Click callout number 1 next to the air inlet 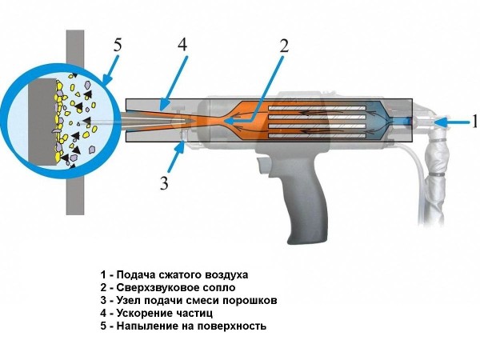point(473,122)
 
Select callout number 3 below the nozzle point(165,182)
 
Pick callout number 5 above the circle point(117,46)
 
